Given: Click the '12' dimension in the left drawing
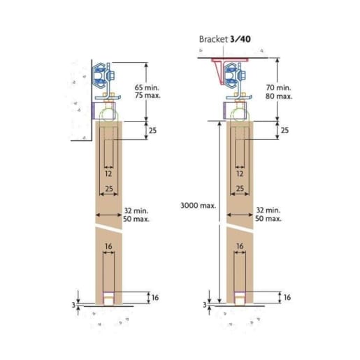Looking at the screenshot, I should [x=108, y=173].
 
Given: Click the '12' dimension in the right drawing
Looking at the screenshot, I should [x=240, y=173].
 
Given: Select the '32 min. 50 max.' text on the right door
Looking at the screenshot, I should [x=268, y=214].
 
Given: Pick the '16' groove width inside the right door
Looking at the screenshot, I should [x=240, y=246].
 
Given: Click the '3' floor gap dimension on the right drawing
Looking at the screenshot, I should [x=205, y=305].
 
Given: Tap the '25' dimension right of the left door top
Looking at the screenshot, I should [x=152, y=131].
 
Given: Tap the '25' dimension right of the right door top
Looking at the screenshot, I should [x=285, y=131].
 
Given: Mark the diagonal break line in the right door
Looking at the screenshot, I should [x=240, y=229].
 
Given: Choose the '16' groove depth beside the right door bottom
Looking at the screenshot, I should [x=287, y=298].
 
